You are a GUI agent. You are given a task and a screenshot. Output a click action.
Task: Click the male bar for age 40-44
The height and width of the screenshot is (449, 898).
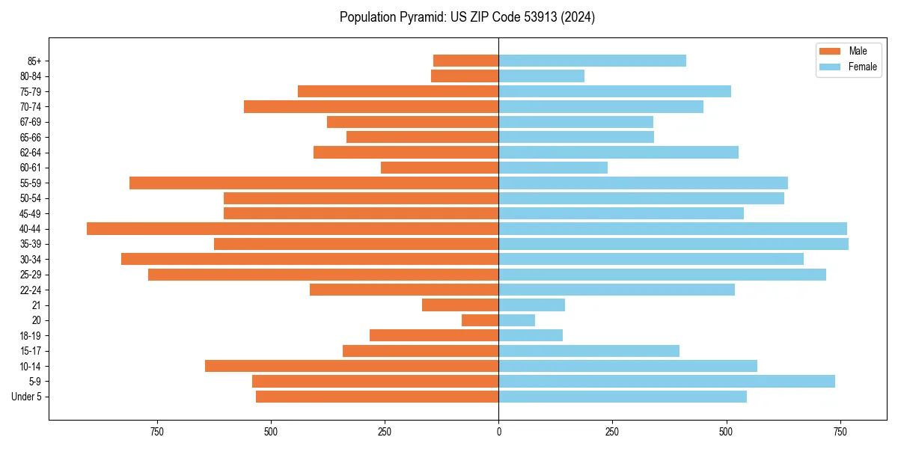(x=293, y=229)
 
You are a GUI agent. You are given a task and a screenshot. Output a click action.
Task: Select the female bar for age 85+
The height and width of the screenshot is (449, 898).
(x=592, y=61)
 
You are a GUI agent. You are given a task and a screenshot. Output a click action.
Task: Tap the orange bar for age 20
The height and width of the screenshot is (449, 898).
(x=480, y=320)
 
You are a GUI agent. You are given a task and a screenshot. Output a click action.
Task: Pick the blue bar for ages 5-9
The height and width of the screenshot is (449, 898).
(x=667, y=381)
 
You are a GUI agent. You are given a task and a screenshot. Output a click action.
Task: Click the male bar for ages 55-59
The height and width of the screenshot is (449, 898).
(x=314, y=183)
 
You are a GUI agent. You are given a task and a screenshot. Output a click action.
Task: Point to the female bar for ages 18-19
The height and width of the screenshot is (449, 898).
(x=531, y=335)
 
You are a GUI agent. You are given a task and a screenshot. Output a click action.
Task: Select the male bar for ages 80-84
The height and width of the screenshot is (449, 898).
(x=465, y=76)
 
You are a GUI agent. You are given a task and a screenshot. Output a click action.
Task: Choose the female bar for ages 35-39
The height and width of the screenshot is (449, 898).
(x=673, y=244)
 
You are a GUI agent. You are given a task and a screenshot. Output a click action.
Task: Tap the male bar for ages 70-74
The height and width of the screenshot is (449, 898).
(x=371, y=107)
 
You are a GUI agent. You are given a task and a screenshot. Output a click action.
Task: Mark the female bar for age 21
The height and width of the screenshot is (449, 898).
(x=531, y=305)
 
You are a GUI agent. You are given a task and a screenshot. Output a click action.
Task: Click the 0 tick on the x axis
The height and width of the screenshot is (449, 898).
(x=498, y=432)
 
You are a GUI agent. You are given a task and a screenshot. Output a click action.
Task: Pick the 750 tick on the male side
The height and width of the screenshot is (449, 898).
(x=156, y=432)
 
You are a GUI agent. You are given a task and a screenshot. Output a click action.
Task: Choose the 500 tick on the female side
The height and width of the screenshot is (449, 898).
(x=726, y=432)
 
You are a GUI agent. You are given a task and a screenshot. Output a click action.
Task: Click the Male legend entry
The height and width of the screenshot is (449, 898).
(x=858, y=51)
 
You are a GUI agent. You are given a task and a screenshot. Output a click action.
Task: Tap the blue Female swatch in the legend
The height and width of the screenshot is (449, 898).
(x=831, y=67)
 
